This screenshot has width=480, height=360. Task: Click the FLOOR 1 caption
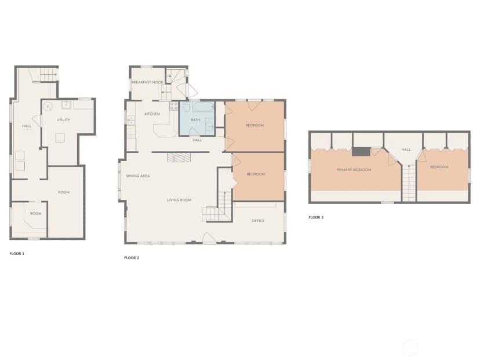17,254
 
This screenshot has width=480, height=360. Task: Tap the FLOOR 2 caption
132,258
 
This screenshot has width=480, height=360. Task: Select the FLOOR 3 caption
316,217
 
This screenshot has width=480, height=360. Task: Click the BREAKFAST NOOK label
147,82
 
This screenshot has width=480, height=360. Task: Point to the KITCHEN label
152,114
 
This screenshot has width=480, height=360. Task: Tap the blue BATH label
195,120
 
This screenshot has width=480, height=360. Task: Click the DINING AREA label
138,176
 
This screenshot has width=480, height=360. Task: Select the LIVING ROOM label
179,200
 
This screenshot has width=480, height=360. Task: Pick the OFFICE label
258,221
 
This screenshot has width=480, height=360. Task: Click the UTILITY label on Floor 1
63,120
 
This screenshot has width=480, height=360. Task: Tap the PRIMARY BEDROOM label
354,170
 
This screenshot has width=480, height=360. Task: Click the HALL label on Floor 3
406,150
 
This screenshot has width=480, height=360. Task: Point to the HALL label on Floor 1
27,126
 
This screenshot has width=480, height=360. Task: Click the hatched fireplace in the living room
179,157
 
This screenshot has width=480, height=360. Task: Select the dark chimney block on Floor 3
361,152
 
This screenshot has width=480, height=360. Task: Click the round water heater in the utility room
48,107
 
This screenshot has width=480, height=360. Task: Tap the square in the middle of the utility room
60,138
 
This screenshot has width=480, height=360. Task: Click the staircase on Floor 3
409,183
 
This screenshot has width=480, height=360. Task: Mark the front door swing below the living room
209,238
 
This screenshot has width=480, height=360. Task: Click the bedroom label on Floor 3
439,167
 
